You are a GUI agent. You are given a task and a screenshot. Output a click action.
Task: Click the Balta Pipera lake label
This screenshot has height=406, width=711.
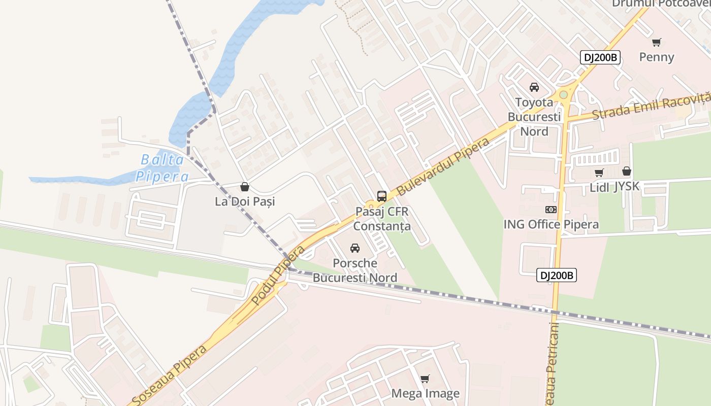(162, 168)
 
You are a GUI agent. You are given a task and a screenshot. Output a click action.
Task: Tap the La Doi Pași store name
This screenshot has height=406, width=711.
(245, 201)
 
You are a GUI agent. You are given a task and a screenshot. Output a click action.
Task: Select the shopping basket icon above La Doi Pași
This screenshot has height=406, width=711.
(245, 187)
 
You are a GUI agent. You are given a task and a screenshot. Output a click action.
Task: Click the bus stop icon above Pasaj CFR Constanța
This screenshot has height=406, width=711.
(382, 196)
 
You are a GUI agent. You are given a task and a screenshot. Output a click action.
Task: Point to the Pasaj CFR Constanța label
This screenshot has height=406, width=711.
(382, 218)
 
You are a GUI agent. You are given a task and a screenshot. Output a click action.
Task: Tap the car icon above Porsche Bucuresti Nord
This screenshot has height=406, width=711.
(355, 248)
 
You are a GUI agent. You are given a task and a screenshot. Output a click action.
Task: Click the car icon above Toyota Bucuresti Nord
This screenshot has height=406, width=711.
(534, 87)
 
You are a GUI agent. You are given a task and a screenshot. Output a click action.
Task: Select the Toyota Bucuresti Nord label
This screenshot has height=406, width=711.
(534, 117)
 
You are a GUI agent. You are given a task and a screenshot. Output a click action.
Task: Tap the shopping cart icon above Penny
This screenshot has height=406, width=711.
(657, 42)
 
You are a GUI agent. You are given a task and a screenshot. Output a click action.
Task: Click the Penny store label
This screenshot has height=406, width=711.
(657, 57)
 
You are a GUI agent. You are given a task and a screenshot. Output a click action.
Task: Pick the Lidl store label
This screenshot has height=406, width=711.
(600, 187)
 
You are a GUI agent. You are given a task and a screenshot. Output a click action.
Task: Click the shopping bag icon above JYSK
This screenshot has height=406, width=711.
(627, 172)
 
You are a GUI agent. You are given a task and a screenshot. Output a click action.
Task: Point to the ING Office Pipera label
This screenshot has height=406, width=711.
(551, 224)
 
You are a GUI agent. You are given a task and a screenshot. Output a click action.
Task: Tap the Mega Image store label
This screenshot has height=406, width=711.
(425, 393)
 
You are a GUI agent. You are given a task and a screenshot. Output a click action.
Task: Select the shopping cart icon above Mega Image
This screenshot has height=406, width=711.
(425, 379)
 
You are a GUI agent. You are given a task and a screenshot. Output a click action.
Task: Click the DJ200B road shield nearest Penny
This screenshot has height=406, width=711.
(600, 57)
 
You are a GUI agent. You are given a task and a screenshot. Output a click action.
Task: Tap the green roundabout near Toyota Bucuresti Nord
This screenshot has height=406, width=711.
(563, 95)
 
